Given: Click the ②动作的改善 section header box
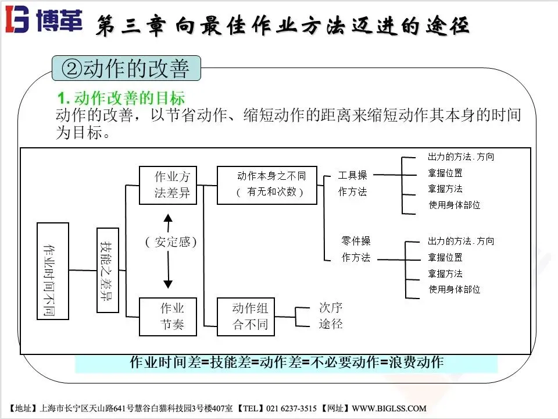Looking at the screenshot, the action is point(126,69).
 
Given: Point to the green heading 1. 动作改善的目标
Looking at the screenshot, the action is point(120,98).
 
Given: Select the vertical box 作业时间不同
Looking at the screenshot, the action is point(52,271).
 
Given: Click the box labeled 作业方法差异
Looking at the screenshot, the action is point(168,185).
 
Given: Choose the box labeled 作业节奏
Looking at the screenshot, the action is point(168,316).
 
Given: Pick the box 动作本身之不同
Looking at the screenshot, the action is point(267,184).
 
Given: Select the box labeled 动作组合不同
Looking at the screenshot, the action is point(250,316).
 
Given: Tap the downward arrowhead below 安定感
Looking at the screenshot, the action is point(168,283).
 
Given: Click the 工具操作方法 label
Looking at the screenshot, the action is point(353,183).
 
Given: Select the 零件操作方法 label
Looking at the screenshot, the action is point(356,249).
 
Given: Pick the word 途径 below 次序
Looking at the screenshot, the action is point(331,324).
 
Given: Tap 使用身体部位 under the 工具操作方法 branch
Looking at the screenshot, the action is point(454,205).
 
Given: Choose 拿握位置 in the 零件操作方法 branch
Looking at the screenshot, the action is point(445,257).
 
